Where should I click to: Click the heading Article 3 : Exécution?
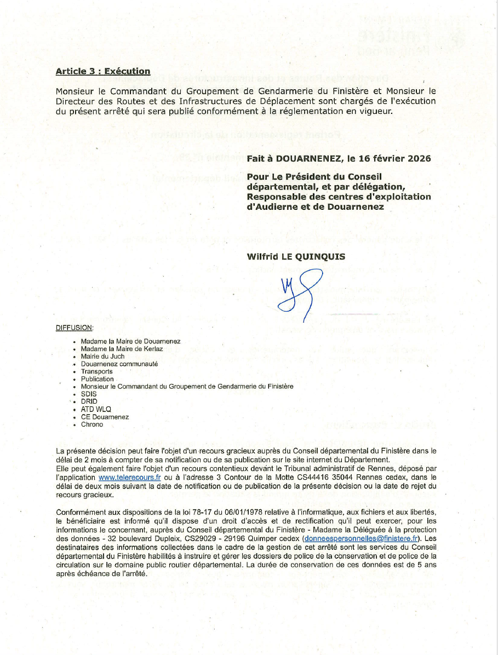click(103, 71)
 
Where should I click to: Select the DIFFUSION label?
click(75, 328)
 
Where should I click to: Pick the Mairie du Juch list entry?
click(102, 356)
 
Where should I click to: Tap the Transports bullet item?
click(96, 371)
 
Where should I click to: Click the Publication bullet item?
click(98, 379)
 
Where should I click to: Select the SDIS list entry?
click(89, 394)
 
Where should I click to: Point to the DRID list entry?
click(89, 401)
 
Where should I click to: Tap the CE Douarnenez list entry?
click(105, 417)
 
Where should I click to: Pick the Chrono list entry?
click(91, 424)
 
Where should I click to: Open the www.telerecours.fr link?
click(125, 477)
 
